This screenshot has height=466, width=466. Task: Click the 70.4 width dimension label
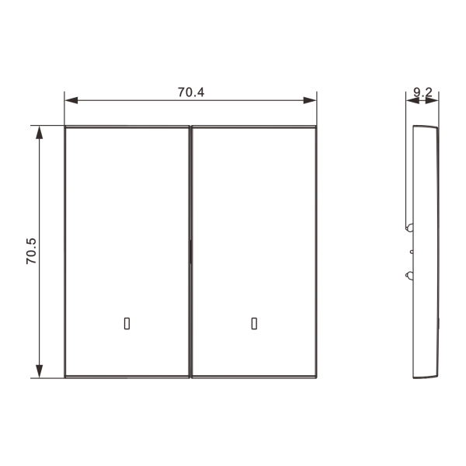pos(191,92)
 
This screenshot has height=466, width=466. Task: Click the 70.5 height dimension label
pos(31,251)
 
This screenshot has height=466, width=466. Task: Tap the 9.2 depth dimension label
pos(423,92)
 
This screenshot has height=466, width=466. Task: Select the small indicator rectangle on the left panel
pos(127,324)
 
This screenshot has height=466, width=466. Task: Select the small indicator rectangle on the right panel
pos(254,324)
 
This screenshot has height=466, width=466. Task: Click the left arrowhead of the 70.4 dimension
pos(71,100)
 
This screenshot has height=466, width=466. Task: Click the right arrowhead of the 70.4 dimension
pos(310,100)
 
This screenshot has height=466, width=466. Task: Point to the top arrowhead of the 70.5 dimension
pos(40,133)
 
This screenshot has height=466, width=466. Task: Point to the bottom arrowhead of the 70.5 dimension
pos(40,371)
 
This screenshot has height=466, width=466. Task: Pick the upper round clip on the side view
pos(409,228)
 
